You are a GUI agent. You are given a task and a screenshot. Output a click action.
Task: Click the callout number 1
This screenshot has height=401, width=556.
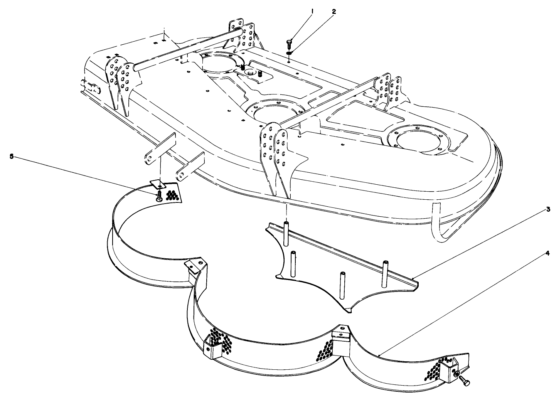pos(313,12)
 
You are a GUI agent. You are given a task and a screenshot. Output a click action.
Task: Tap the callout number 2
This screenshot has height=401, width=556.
pos(334,12)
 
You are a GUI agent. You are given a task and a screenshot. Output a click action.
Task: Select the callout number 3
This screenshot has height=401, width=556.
pos(548,210)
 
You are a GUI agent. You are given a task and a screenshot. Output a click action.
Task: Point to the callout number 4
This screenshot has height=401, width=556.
pos(548,254)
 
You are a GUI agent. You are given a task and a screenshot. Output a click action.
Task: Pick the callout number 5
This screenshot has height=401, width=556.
pos(11,156)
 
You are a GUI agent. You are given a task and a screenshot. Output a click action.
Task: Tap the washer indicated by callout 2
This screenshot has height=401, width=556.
pos(290,53)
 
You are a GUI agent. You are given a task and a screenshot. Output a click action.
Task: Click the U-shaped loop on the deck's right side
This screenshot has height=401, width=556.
pos(443,227)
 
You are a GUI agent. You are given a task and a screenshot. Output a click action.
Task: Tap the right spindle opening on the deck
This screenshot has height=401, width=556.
pos(417,142)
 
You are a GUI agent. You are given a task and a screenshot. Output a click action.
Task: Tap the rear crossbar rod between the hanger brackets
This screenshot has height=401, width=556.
pos(185,49)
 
